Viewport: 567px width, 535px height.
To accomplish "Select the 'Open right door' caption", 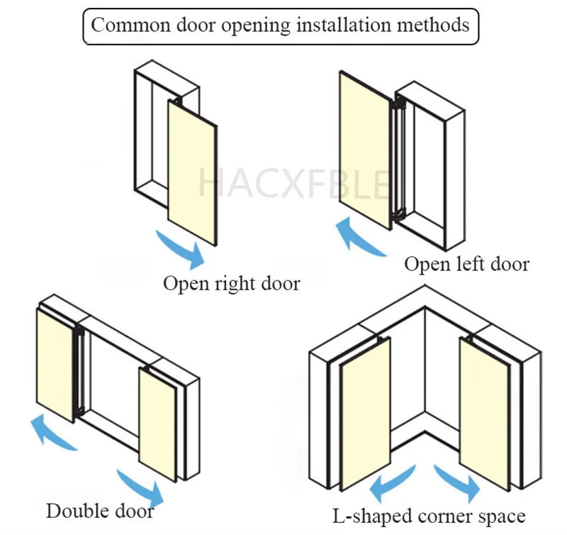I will pos(232,284).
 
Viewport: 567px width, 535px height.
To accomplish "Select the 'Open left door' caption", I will pos(466,265).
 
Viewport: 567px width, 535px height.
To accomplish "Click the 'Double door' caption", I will pos(100,510).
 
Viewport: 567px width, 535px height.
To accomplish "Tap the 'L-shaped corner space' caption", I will pos(430,517).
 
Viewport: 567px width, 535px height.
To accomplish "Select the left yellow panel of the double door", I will pos(55,363).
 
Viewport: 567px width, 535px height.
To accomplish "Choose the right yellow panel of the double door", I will pos(157,424).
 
